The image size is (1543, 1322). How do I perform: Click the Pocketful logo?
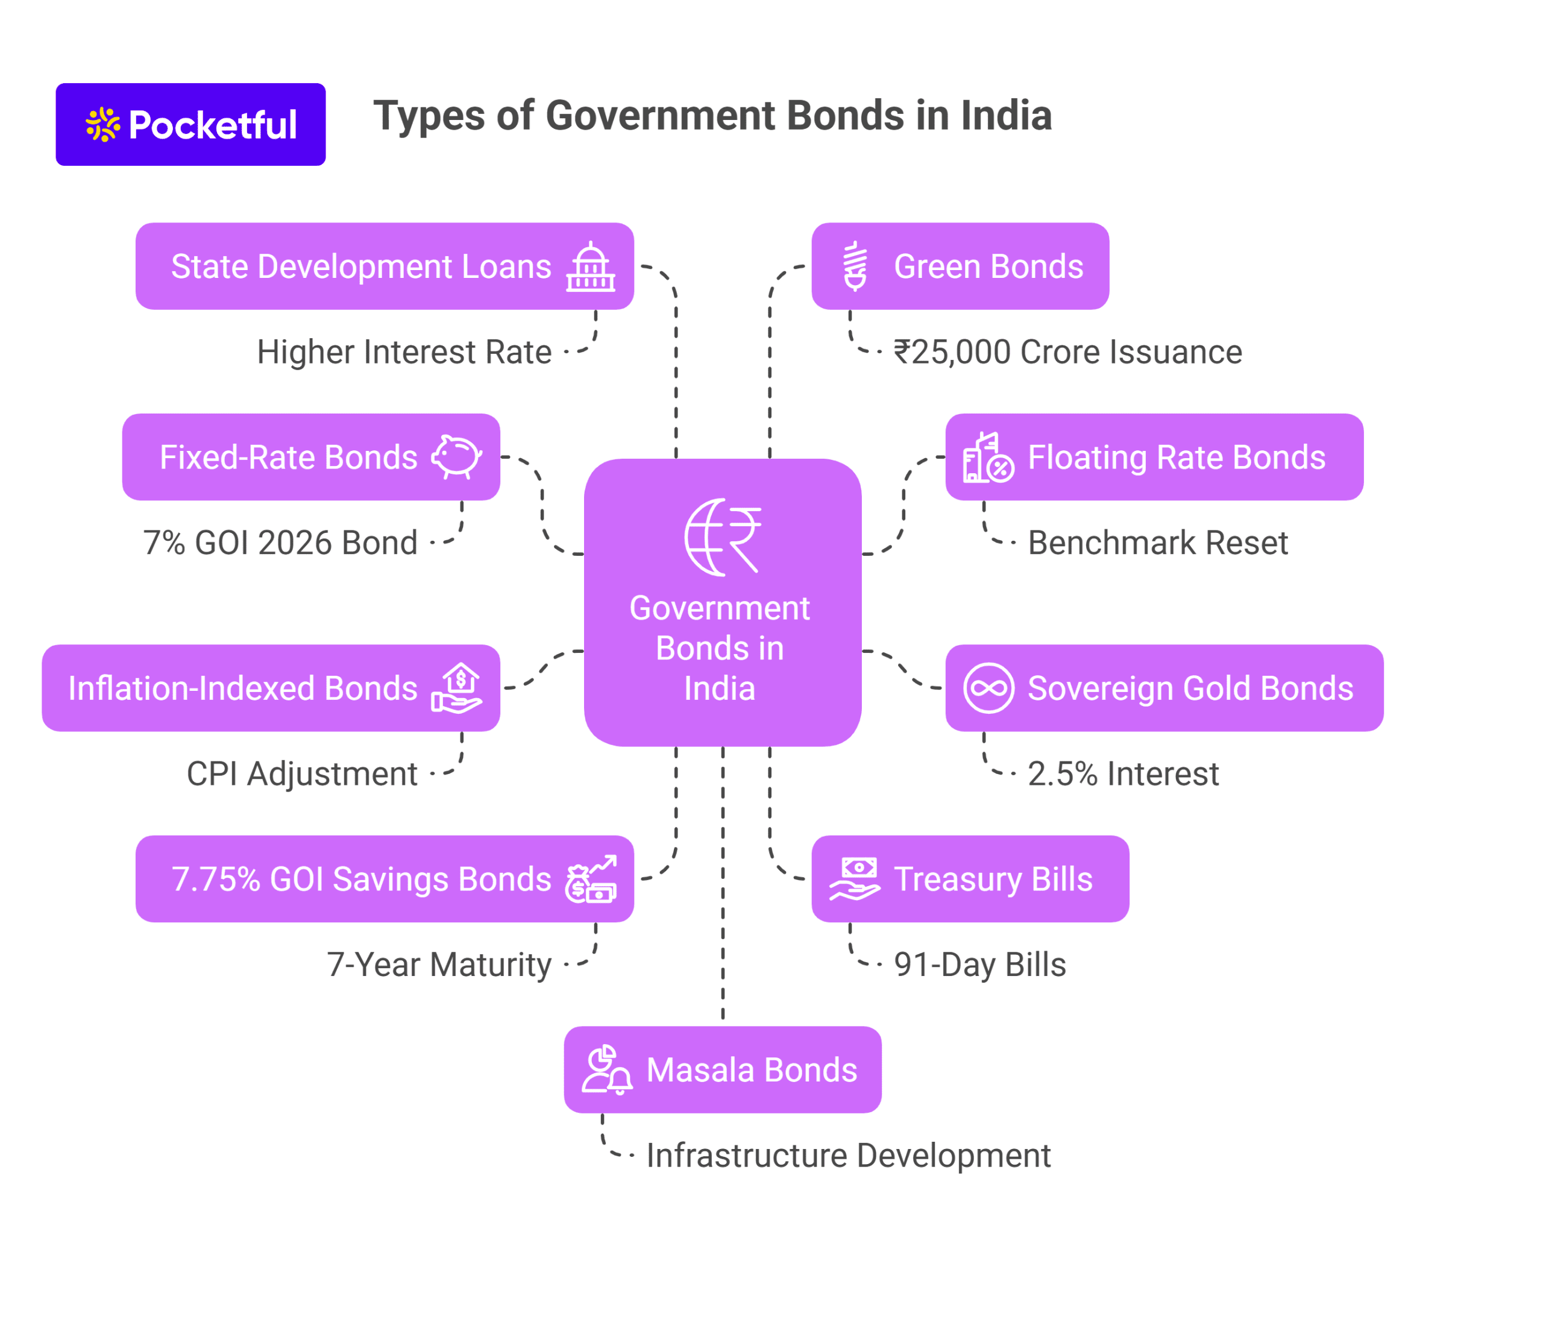pos(190,124)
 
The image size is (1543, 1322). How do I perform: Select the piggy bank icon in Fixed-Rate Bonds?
pos(456,456)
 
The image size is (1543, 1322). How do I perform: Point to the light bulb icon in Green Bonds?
pos(855,266)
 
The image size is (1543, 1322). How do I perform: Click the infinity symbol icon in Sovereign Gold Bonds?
pos(988,688)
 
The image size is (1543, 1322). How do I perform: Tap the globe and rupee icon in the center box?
pos(722,537)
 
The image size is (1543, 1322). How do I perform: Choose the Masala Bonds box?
pos(722,1069)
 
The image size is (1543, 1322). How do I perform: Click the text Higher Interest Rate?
pos(404,352)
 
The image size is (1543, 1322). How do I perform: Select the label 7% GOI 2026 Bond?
pos(280,543)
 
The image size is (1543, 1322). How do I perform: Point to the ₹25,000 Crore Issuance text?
pos(1067,352)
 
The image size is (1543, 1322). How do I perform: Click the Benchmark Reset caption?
pos(1157,543)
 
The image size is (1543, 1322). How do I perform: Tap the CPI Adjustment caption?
pos(301,774)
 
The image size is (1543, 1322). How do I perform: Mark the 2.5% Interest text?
pos(1123,774)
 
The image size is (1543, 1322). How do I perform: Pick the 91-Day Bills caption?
pos(979,965)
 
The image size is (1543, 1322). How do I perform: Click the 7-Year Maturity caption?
pos(439,965)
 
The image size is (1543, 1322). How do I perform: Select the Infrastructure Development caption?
pos(848,1155)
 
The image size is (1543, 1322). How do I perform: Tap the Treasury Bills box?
pos(970,879)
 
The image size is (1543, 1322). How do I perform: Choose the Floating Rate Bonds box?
pos(1154,456)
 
